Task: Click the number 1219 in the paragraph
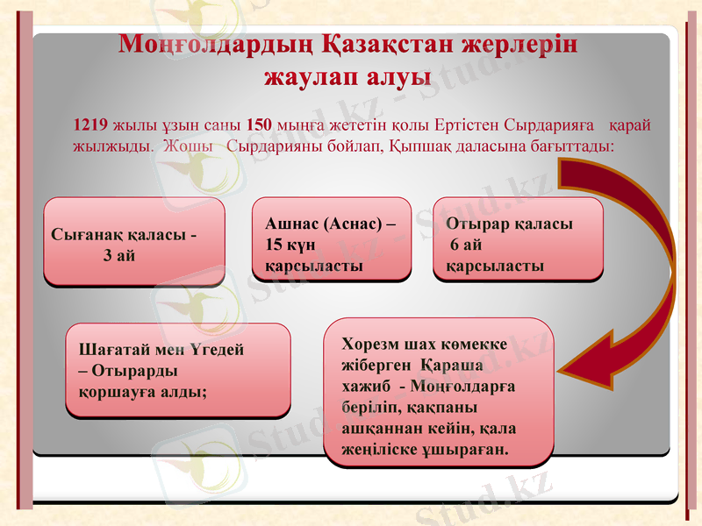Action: pos(91,124)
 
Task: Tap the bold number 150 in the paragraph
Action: pos(260,124)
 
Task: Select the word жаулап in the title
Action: pos(305,76)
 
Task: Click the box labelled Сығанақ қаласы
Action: pos(134,241)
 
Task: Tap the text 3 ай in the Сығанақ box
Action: pos(119,255)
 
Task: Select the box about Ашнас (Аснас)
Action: pos(332,238)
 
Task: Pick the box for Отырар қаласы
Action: pos(518,238)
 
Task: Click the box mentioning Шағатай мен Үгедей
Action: pos(178,370)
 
